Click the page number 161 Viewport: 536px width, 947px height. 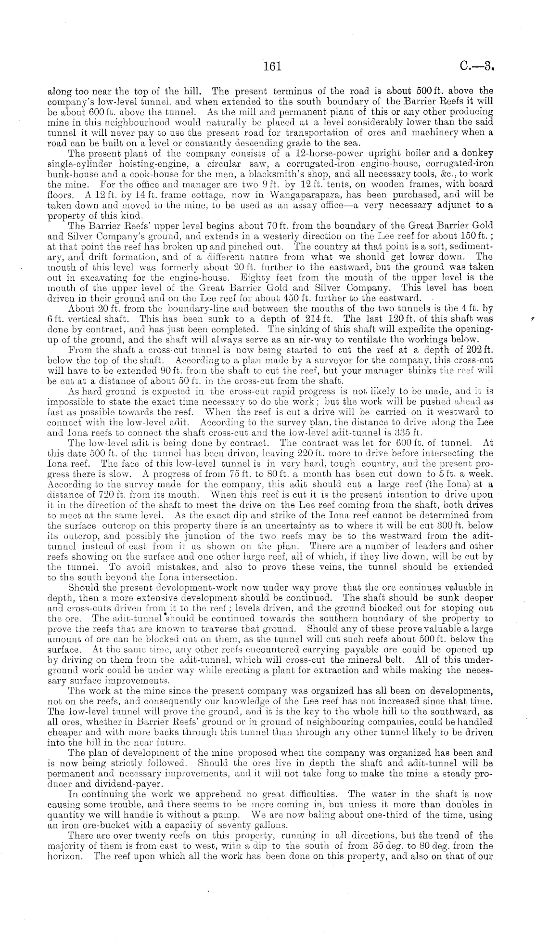272,66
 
